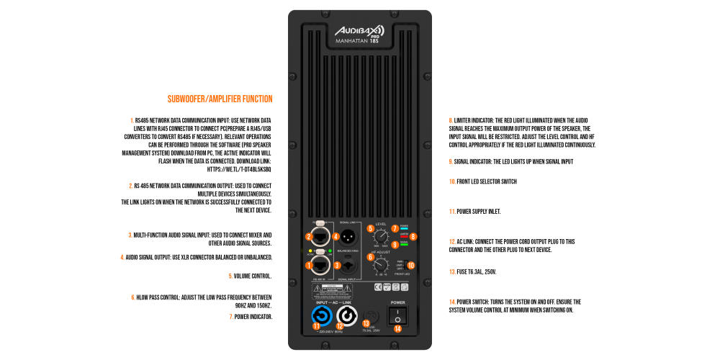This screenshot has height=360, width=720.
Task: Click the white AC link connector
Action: point(347,316)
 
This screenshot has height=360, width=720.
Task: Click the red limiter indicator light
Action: point(403,235)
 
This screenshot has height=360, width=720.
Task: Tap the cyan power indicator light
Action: point(403,228)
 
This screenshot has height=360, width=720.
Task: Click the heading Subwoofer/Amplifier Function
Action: point(220,99)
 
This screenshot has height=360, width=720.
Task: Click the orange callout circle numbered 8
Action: point(413,236)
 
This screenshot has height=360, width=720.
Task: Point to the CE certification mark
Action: point(379,287)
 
